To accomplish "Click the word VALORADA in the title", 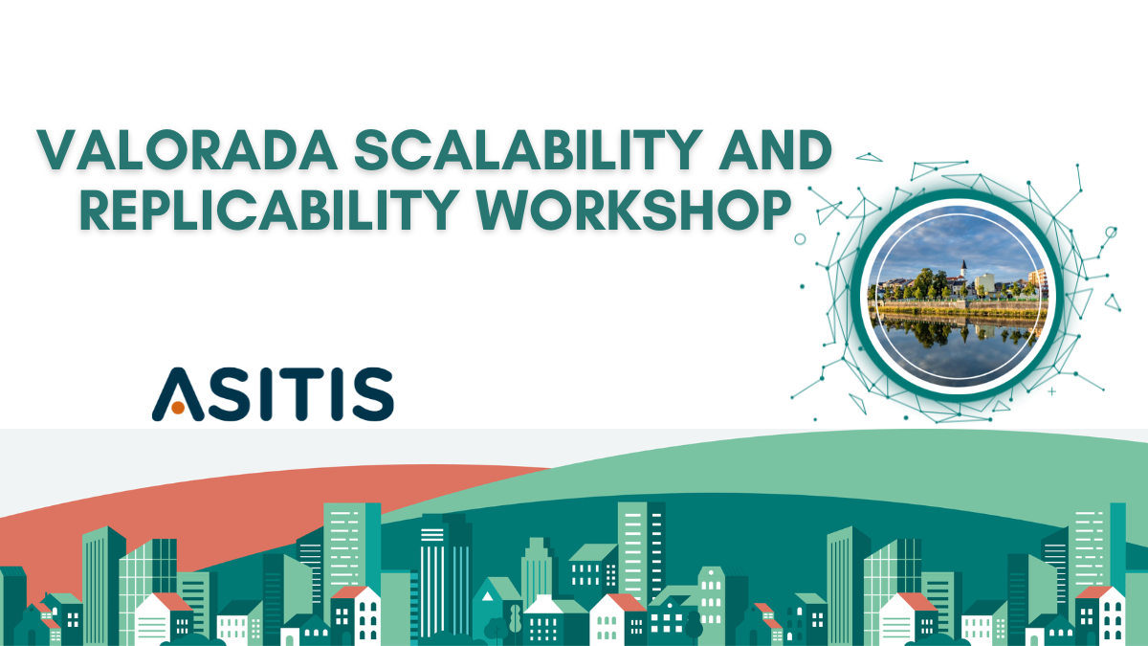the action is (x=188, y=149).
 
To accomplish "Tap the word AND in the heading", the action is (x=775, y=149).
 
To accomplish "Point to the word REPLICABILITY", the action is (x=270, y=211).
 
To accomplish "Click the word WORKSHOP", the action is (x=634, y=211).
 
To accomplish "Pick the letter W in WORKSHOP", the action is (x=504, y=211).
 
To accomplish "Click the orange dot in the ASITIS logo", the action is (x=178, y=408).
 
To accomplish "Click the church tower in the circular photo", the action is (x=963, y=270).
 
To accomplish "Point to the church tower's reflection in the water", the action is (x=964, y=334).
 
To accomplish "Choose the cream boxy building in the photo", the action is (x=984, y=283).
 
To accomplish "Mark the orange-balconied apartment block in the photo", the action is (x=1037, y=281).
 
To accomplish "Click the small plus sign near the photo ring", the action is (x=1051, y=391).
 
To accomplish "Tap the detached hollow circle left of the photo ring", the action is (x=800, y=239).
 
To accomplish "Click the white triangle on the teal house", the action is (x=487, y=595).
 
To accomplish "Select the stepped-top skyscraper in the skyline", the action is (x=536, y=569).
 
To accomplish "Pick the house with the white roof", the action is (x=544, y=619).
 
